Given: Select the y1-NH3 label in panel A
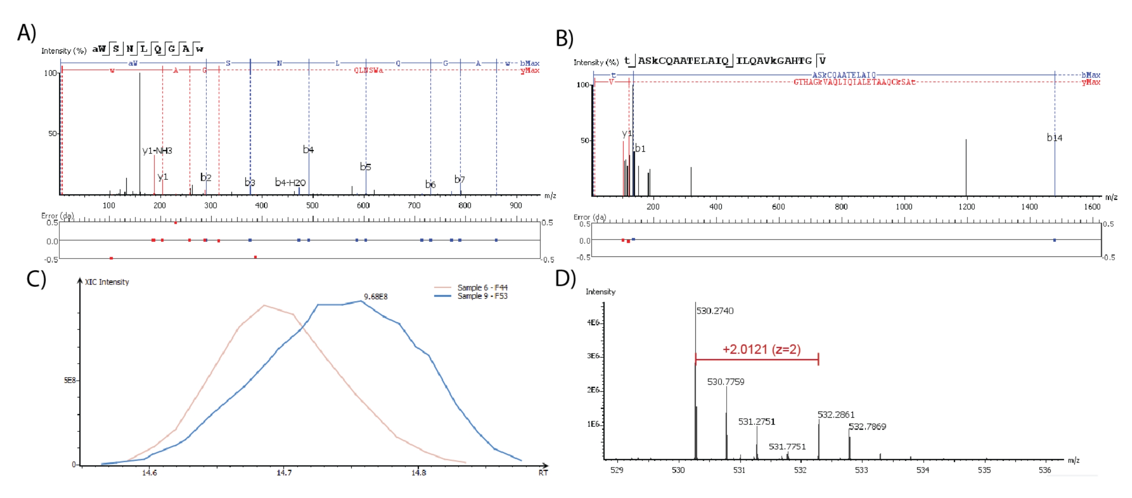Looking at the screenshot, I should click(x=157, y=151).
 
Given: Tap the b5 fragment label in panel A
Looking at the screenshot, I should click(x=365, y=167).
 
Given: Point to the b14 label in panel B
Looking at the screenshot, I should click(x=1054, y=138).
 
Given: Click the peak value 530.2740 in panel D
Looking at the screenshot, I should click(x=714, y=311).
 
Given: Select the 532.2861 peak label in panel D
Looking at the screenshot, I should click(x=836, y=414).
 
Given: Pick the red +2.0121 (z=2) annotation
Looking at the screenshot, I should click(x=762, y=349).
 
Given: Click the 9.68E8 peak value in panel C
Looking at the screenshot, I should click(x=375, y=296).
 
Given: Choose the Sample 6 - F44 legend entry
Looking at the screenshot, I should click(x=482, y=288).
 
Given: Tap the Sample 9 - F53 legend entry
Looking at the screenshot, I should click(x=482, y=296).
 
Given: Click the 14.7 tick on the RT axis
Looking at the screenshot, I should click(x=284, y=472).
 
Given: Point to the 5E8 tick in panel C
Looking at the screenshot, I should click(x=70, y=380).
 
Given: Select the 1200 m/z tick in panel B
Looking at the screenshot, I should click(x=966, y=207).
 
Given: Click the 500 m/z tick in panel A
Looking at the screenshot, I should click(x=312, y=205).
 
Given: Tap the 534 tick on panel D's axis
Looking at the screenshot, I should click(x=922, y=470).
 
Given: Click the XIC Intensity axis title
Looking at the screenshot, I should click(x=107, y=282).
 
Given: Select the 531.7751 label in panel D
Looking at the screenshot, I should click(x=787, y=446).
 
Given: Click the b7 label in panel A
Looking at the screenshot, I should click(x=459, y=179).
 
